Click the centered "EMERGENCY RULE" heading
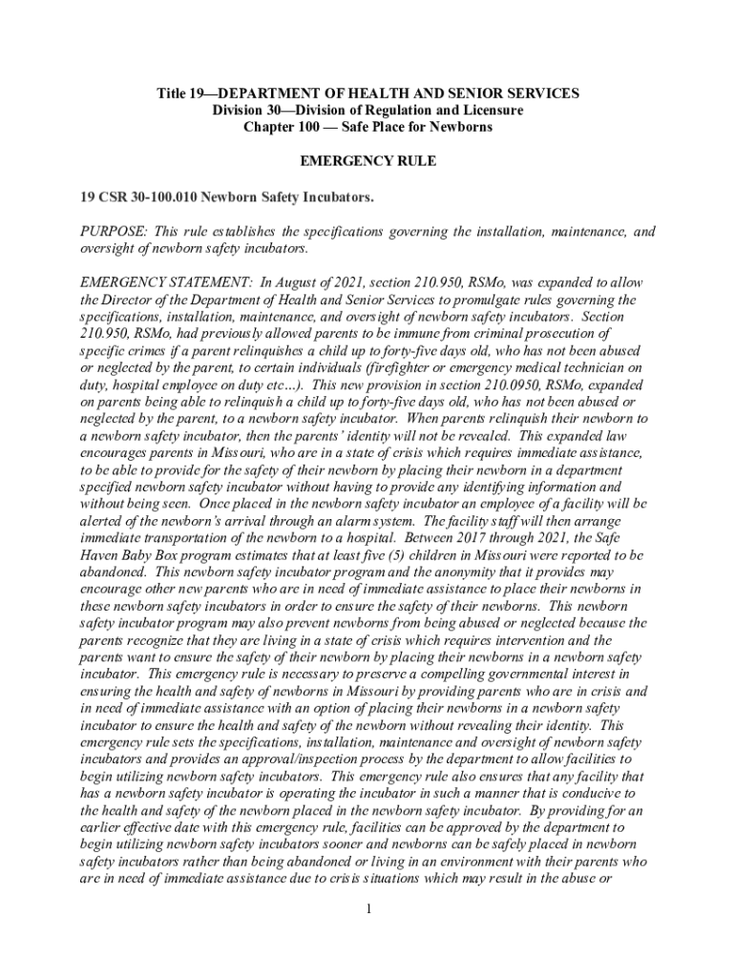pyautogui.click(x=367, y=161)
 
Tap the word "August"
pyautogui.click(x=298, y=283)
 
